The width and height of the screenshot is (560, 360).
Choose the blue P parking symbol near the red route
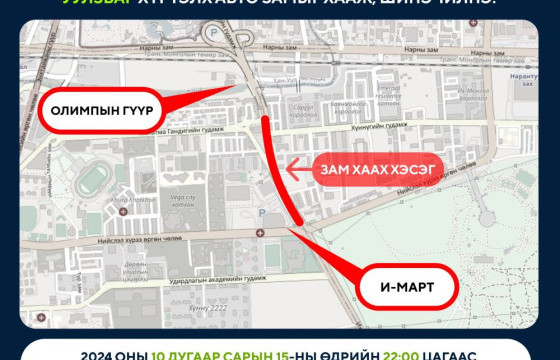click(262, 213)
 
